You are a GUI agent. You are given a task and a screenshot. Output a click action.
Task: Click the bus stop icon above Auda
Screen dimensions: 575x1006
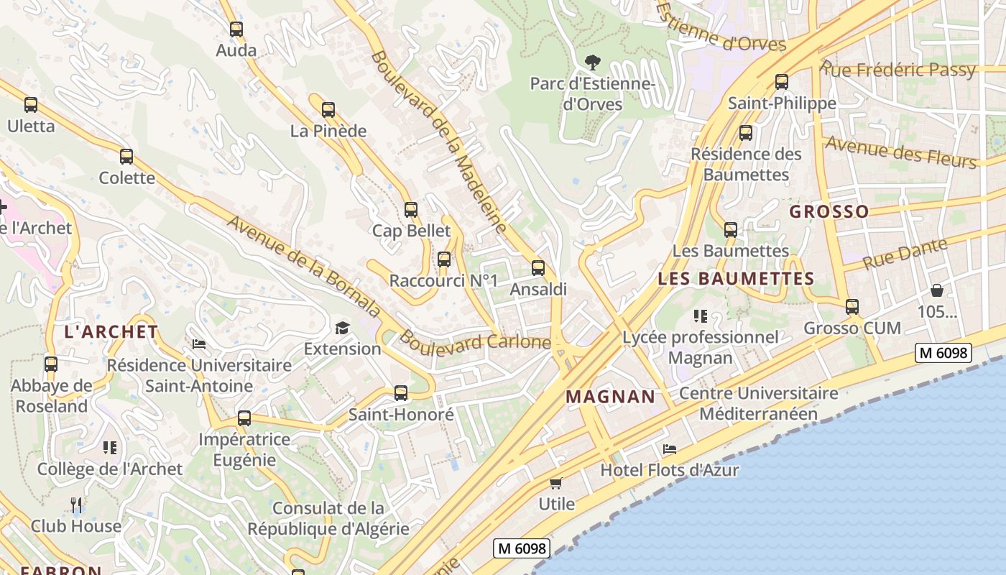236,29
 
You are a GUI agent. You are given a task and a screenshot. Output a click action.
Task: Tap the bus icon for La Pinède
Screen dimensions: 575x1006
328,110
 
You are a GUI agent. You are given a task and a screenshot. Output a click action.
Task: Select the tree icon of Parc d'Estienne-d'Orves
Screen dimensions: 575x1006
593,63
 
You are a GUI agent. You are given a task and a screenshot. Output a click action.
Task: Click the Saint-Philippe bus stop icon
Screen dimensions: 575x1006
782,82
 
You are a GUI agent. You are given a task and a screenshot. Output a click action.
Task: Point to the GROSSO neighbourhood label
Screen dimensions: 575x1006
829,211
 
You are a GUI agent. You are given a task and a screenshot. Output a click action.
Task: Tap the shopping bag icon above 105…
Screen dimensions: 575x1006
937,290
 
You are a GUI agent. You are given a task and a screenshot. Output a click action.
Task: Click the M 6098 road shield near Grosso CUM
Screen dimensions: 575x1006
943,352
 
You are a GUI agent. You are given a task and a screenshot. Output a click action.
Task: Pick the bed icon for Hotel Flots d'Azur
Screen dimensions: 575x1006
670,449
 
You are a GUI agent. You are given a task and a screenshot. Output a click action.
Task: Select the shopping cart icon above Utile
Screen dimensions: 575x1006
555,483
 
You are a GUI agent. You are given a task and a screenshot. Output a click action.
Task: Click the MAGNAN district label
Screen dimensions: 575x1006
610,396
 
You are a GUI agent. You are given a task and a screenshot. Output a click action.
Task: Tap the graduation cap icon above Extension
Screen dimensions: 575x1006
342,328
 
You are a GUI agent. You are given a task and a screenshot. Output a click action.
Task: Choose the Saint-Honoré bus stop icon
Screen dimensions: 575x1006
401,393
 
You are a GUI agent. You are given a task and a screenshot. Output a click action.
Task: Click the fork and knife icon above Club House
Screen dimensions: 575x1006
76,505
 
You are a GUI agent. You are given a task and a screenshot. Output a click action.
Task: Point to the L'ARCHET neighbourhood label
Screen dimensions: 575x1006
111,331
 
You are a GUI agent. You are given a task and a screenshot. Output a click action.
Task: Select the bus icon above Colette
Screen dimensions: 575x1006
126,156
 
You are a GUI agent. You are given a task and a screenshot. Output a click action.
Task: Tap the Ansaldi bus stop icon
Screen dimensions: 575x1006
538,268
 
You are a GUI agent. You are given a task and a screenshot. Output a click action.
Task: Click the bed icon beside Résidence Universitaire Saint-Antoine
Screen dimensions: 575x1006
199,344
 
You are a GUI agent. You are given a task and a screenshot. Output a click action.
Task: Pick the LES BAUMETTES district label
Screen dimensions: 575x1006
736,278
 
